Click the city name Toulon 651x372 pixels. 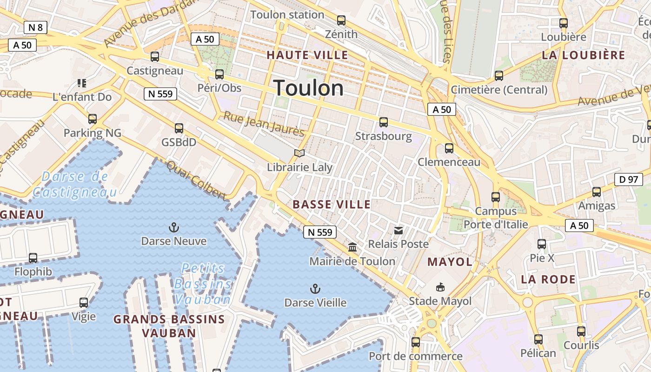[308, 88]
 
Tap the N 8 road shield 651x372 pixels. [35, 27]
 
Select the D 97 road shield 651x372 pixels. [629, 179]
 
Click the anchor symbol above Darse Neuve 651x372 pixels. [173, 227]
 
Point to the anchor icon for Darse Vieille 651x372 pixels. [315, 289]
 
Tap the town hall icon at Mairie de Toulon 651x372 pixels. [352, 247]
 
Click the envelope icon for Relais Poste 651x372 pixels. [399, 230]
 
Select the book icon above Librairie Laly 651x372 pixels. [300, 153]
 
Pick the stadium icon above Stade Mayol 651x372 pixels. [440, 287]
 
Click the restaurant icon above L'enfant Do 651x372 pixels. [82, 83]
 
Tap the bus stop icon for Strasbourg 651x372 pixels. [384, 122]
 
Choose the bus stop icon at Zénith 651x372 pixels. [341, 20]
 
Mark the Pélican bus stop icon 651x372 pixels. [538, 339]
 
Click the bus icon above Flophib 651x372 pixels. [33, 258]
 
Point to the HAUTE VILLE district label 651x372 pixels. [307, 55]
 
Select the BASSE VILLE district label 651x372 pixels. [332, 205]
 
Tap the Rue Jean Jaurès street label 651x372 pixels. [264, 124]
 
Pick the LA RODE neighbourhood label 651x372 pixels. [548, 279]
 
